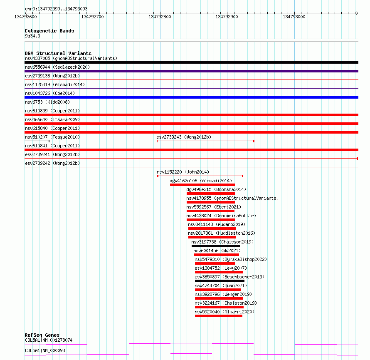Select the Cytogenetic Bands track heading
tap(49, 31)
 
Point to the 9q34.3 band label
tap(32, 36)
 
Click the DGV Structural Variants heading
tap(58, 53)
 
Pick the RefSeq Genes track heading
tap(42, 335)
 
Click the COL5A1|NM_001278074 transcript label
tap(49, 340)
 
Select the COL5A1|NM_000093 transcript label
tap(45, 350)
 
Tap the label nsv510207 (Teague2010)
tap(52, 137)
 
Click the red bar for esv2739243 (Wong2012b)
tap(205, 141)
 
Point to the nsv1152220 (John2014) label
tap(183, 172)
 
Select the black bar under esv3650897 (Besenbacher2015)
tap(217, 281)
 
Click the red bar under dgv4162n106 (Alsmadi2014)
tap(202, 185)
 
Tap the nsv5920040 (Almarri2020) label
tap(224, 312)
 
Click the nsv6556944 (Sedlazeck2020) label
tap(57, 67)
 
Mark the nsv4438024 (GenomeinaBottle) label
tap(221, 216)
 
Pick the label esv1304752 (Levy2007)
tap(219, 268)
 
